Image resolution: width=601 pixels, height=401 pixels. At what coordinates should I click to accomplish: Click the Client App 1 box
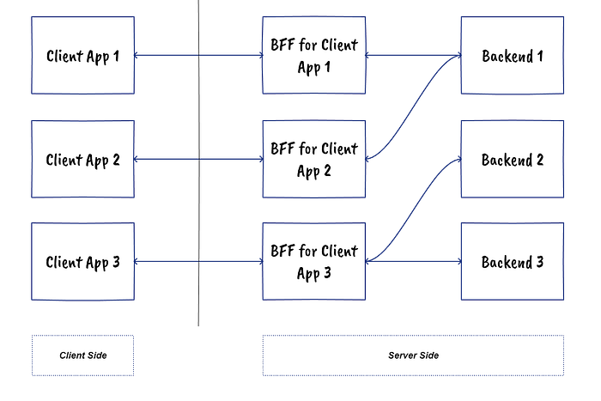[82, 56]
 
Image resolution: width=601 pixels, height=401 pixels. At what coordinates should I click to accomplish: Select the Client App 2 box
[82, 159]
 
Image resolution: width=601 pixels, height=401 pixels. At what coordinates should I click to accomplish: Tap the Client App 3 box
[82, 261]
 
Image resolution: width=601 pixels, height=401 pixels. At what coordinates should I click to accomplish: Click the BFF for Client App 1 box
[314, 56]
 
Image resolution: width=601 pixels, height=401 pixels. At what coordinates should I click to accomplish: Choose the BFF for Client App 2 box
[314, 159]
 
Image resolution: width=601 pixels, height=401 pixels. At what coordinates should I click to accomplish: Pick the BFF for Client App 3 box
[314, 261]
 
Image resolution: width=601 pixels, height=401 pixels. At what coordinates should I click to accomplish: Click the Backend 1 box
[513, 56]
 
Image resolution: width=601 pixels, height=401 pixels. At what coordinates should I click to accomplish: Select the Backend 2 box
[513, 159]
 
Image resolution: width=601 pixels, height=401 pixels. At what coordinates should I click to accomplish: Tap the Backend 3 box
[513, 261]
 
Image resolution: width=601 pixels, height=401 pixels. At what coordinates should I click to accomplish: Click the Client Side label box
[82, 355]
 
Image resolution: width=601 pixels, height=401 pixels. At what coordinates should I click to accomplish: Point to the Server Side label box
[413, 355]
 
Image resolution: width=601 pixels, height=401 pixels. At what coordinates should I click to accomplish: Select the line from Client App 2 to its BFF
[197, 159]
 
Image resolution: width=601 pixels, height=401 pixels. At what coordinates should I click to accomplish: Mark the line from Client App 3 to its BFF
[197, 261]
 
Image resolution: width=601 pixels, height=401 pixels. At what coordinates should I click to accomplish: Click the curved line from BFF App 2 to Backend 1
[414, 107]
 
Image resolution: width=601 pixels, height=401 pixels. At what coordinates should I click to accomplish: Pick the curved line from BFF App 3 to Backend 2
[414, 210]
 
